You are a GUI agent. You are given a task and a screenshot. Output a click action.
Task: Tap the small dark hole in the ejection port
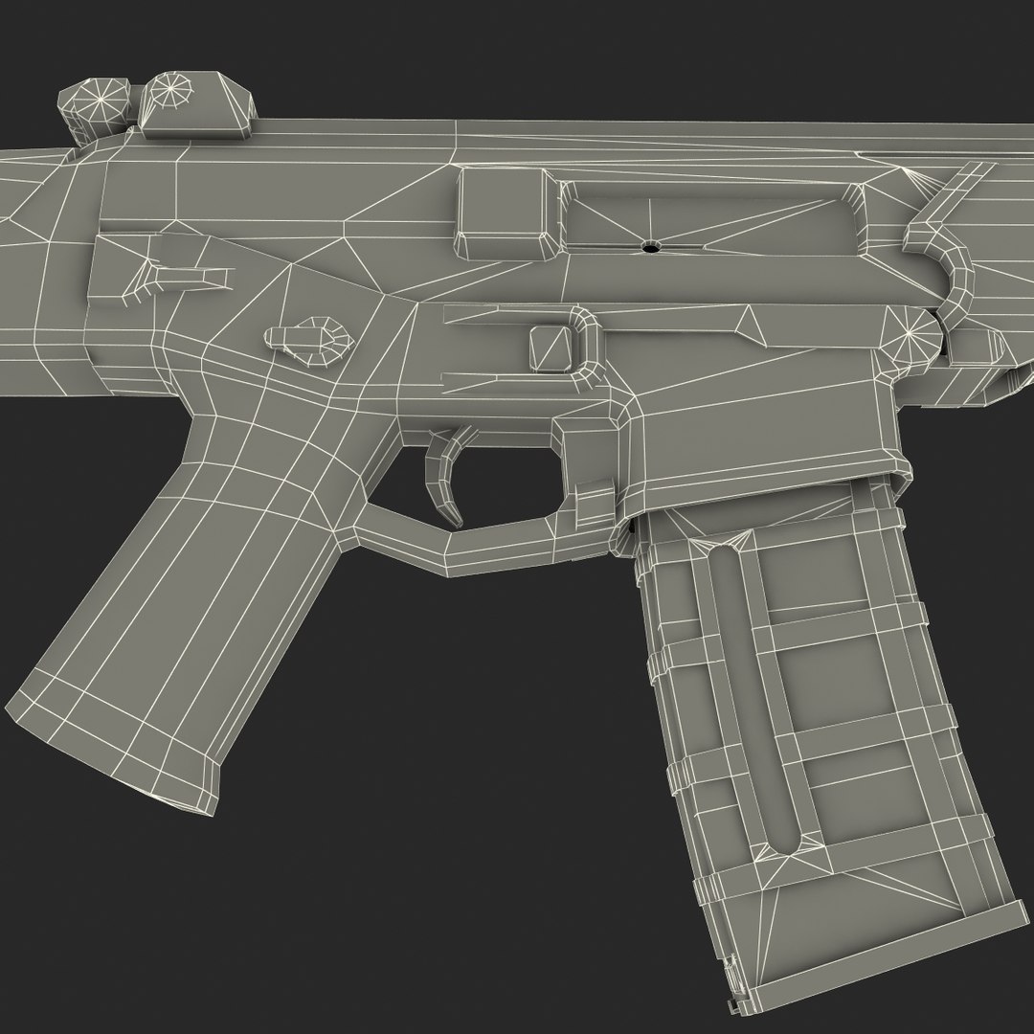coord(650,246)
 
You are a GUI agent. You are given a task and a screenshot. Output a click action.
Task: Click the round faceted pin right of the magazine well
coord(910,335)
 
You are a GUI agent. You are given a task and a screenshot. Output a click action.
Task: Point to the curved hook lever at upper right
coord(948,249)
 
